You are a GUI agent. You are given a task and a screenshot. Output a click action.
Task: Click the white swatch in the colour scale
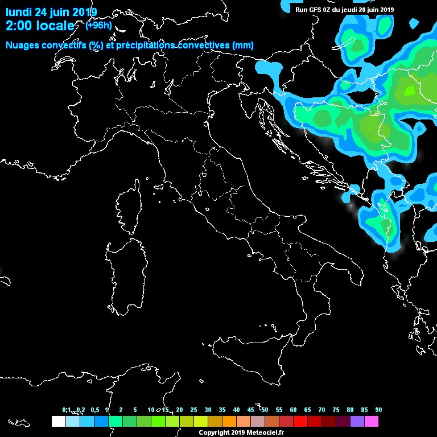(58, 422)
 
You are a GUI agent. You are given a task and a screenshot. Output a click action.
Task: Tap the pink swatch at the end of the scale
(372, 422)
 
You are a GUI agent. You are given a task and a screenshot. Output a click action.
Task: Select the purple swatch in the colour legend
(357, 422)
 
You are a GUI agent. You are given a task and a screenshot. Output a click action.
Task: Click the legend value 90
(378, 410)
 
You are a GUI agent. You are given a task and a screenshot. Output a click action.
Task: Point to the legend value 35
(222, 410)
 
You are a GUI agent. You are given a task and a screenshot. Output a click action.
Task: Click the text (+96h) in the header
(98, 26)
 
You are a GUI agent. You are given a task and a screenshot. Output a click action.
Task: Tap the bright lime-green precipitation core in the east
(409, 90)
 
